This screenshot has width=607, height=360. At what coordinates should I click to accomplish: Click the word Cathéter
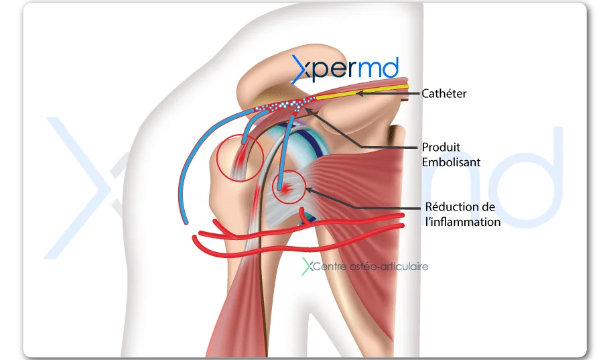tap(444, 93)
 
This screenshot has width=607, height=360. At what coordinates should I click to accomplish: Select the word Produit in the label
tap(441, 147)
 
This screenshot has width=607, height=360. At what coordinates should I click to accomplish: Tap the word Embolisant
tap(451, 162)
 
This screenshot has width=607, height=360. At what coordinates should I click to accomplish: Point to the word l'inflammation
tap(462, 222)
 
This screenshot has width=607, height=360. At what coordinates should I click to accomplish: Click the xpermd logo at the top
tap(344, 69)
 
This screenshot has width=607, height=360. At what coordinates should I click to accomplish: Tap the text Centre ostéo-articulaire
tap(370, 267)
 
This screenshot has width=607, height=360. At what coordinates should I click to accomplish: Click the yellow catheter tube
tap(362, 92)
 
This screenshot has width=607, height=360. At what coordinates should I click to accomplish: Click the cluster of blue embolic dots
tap(285, 105)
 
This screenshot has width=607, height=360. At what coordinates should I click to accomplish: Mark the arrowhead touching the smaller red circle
tap(310, 190)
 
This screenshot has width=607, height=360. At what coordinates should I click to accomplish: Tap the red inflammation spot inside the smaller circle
tap(285, 189)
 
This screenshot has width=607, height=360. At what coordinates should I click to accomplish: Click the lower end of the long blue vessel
tap(186, 223)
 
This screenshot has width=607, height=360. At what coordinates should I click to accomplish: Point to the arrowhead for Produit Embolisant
tap(308, 111)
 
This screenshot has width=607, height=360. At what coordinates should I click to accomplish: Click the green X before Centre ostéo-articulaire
tap(308, 266)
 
